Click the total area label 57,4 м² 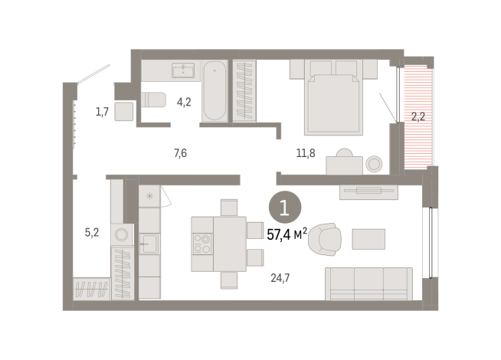[287, 234]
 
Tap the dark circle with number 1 [285, 207]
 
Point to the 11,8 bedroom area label [306, 153]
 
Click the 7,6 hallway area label [180, 153]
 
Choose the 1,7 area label [102, 113]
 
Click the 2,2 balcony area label [417, 117]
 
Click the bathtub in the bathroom [214, 91]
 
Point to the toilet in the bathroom [153, 100]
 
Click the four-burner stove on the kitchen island [202, 244]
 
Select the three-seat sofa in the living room [368, 283]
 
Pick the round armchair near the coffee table [325, 241]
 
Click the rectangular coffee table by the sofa [368, 239]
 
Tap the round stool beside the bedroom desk [375, 164]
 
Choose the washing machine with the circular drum [122, 235]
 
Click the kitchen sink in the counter [149, 244]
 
